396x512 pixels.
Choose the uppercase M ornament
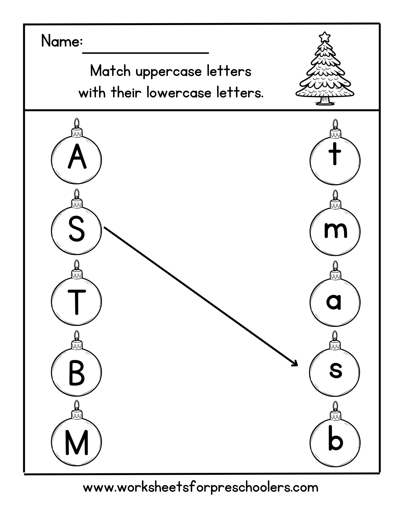coord(76,442)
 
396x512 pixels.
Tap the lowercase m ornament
coord(335,230)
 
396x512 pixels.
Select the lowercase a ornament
coord(335,301)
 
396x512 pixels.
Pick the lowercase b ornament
coord(335,442)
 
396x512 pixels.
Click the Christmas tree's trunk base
coord(324,101)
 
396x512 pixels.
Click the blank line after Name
coord(145,52)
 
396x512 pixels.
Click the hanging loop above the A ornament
coord(76,123)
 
